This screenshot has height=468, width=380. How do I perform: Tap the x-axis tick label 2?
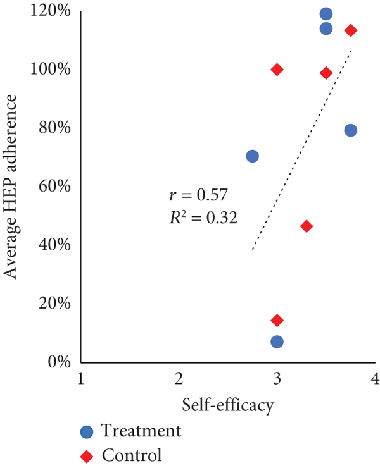point(179,379)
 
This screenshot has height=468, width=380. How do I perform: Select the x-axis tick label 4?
point(375,379)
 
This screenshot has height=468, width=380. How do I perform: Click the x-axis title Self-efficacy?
point(228,403)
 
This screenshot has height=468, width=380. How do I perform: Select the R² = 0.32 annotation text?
point(199,218)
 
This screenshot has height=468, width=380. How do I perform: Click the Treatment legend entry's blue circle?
point(87,432)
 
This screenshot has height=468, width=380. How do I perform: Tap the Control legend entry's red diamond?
point(87,455)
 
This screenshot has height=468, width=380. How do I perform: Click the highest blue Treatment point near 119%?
point(326,14)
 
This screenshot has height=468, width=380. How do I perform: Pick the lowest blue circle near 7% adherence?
point(277,342)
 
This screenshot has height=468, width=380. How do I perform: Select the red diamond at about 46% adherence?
point(307,226)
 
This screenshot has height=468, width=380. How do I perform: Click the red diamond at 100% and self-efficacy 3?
point(277,69)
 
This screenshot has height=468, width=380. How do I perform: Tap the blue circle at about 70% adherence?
point(252,156)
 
